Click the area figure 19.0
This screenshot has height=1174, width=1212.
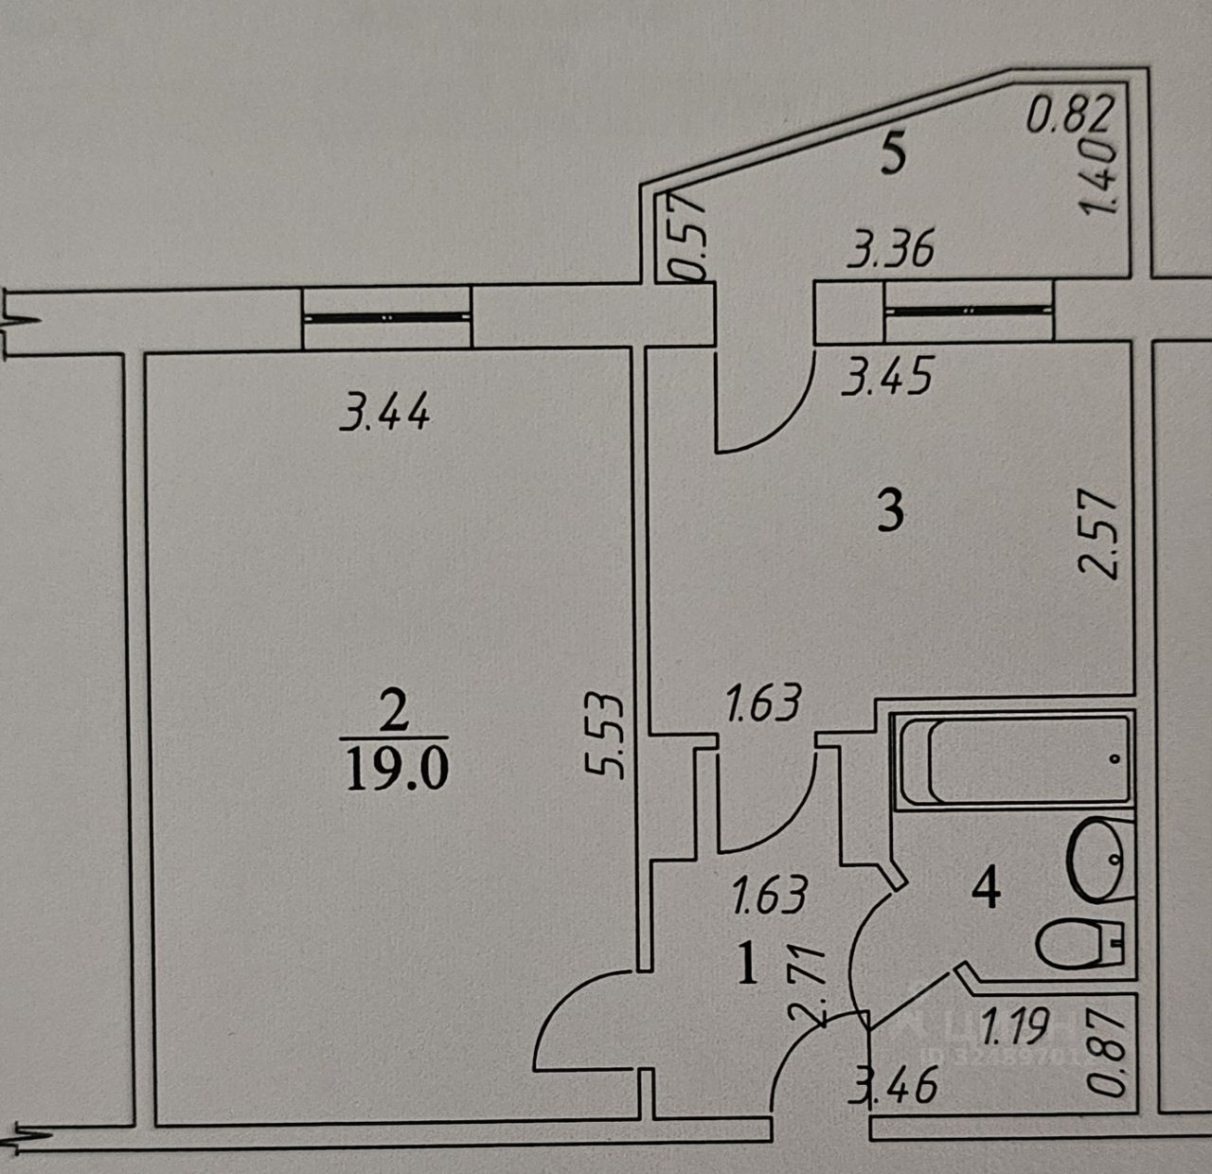coord(397,769)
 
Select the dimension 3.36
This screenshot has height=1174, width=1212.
coord(891,250)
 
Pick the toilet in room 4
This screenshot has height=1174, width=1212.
coord(1079,944)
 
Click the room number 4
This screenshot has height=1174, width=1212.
coord(987,888)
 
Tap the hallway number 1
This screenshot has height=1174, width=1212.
coord(748,967)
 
